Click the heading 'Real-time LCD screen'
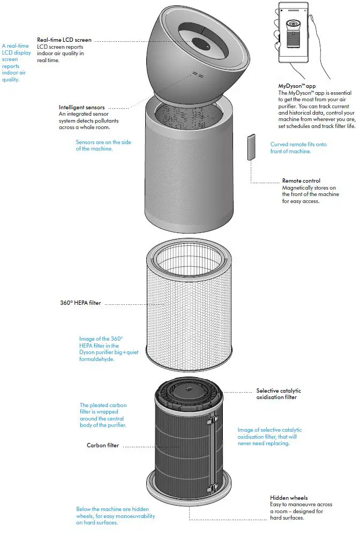pos(64,40)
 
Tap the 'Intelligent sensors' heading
pos(81,107)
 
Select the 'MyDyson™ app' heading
pos(296,86)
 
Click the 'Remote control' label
pos(301,181)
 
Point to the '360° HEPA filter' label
pos(80,303)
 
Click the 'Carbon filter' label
pos(103,445)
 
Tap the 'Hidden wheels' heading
pos(289,498)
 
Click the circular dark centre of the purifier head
pos(203,43)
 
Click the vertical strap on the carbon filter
pos(215,439)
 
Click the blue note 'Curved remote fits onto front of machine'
pos(298,148)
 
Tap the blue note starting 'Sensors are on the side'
pos(103,146)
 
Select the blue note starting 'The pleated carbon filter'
pos(103,415)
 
